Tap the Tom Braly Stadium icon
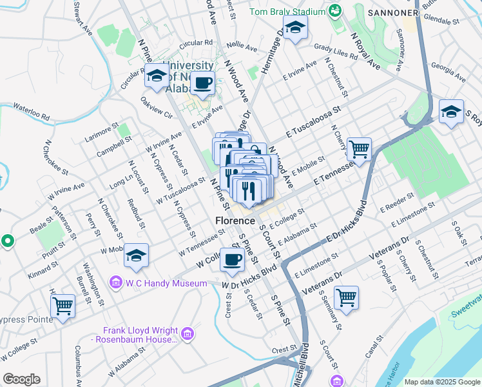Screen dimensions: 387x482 tap(334, 11)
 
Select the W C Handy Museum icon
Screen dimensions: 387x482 tap(116, 282)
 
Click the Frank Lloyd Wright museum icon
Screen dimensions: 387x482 tap(188, 333)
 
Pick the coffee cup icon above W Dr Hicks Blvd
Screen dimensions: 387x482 tap(232, 260)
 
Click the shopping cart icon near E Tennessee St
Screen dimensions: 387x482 tap(359, 149)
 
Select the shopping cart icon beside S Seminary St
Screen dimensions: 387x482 tap(346, 297)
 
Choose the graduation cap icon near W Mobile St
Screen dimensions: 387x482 tap(136, 256)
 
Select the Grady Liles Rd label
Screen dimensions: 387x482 tap(336, 51)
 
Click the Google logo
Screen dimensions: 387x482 tap(21, 379)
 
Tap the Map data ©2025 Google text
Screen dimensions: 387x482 tap(441, 382)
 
